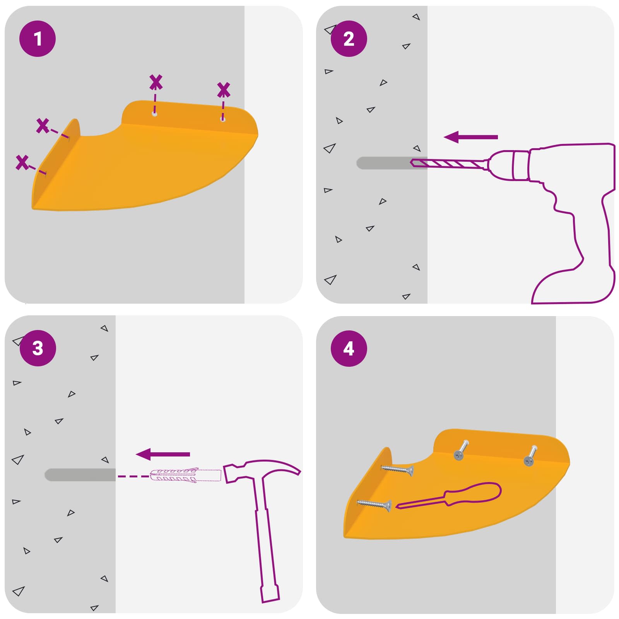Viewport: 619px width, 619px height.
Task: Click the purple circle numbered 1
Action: pyautogui.click(x=38, y=39)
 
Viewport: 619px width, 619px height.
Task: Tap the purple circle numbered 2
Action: pyautogui.click(x=349, y=39)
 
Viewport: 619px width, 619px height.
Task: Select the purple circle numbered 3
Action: pyautogui.click(x=38, y=348)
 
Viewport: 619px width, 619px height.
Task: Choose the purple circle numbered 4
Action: pyautogui.click(x=349, y=349)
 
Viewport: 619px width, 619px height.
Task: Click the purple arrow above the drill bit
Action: pyautogui.click(x=470, y=137)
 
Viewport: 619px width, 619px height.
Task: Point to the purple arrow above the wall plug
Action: pyautogui.click(x=163, y=454)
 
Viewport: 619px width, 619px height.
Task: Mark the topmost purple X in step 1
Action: pyautogui.click(x=156, y=82)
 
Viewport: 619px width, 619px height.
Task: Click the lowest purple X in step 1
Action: pyautogui.click(x=22, y=162)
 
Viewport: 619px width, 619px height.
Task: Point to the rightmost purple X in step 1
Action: pyautogui.click(x=224, y=90)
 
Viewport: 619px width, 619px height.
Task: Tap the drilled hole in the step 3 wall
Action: pyautogui.click(x=80, y=475)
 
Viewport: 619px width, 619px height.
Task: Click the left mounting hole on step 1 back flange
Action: pyautogui.click(x=154, y=114)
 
